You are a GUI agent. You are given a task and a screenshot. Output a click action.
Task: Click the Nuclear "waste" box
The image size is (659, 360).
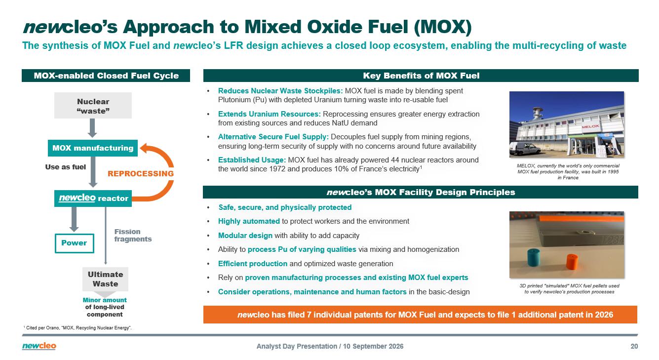click(93, 105)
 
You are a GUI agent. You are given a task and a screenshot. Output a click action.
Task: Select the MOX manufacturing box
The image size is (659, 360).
click(93, 148)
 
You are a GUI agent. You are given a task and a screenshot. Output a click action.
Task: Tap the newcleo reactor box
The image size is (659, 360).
click(93, 199)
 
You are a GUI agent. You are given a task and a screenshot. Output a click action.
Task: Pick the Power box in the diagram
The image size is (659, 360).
click(75, 243)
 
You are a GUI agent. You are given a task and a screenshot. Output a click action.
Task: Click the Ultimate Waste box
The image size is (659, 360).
click(105, 279)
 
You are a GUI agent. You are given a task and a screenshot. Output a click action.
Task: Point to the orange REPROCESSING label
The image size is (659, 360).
click(141, 174)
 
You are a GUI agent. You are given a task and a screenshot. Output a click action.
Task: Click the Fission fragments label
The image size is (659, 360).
click(133, 236)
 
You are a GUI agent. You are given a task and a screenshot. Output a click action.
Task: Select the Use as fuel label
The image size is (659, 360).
click(65, 167)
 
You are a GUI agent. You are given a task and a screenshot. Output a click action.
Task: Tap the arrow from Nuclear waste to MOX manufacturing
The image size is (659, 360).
click(92, 128)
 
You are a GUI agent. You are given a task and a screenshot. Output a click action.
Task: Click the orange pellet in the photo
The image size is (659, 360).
click(572, 262)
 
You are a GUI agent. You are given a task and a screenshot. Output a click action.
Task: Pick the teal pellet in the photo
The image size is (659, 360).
click(534, 257)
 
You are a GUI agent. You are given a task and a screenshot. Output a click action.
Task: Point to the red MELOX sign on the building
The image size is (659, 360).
click(590, 126)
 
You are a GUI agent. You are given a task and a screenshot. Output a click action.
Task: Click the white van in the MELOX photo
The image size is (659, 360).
click(525, 148)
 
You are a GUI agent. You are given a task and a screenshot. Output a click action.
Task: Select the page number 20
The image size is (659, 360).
click(634, 347)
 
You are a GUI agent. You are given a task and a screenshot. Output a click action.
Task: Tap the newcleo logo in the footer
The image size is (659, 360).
click(39, 346)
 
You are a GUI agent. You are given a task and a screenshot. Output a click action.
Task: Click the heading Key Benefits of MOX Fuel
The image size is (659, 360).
click(421, 76)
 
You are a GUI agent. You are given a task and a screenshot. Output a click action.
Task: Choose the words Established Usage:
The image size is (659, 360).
click(252, 160)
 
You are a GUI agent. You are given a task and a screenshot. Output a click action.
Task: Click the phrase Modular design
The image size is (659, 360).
click(245, 236)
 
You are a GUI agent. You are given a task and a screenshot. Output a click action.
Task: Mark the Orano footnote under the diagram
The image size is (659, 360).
click(77, 327)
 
